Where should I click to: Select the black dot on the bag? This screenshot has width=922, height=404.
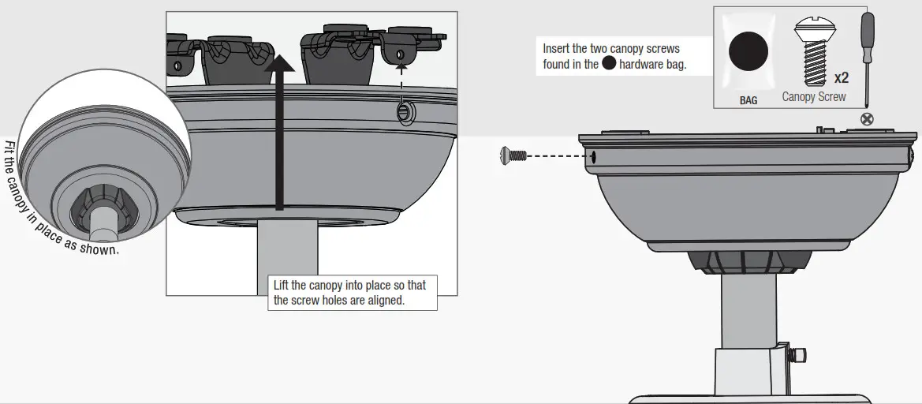tap(748, 53)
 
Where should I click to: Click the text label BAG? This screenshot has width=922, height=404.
tap(748, 100)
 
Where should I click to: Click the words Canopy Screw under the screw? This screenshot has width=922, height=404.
tap(813, 97)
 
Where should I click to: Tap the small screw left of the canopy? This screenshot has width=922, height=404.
tap(513, 155)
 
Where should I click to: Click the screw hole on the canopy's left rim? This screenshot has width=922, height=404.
tap(592, 156)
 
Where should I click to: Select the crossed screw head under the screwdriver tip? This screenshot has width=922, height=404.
tap(868, 120)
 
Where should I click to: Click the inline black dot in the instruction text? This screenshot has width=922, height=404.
tap(609, 65)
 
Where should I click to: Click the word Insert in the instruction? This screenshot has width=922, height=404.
tap(556, 49)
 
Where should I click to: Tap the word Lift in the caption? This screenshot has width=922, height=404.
tap(281, 285)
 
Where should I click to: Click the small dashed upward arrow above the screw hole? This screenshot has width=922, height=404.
tap(402, 79)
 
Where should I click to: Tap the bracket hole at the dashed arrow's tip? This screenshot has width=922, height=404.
tap(402, 53)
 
